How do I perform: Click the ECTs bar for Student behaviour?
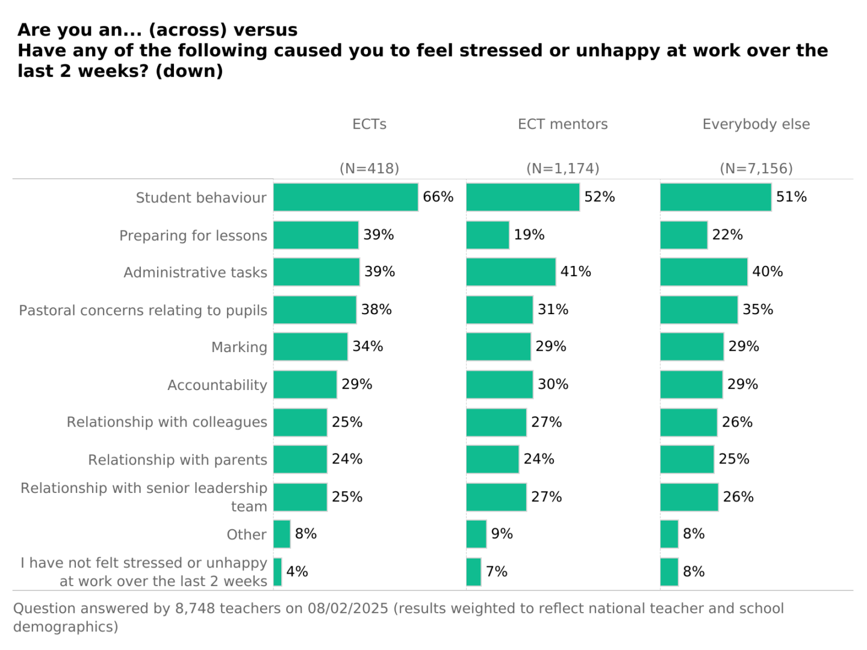pyautogui.click(x=346, y=197)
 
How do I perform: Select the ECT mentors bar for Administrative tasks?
pyautogui.click(x=511, y=272)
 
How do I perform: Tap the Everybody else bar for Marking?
pyautogui.click(x=692, y=347)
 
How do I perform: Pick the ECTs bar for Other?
pyautogui.click(x=282, y=534)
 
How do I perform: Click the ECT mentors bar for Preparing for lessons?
pyautogui.click(x=488, y=235)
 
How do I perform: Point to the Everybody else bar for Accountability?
pyautogui.click(x=691, y=385)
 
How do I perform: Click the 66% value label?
pyautogui.click(x=438, y=197)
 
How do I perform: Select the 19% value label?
pyautogui.click(x=529, y=235)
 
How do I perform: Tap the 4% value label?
pyautogui.click(x=297, y=571)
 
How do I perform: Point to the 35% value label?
pyautogui.click(x=757, y=309)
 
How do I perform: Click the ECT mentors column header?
pyautogui.click(x=562, y=124)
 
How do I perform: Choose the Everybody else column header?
pyautogui.click(x=756, y=124)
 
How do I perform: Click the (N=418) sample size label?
pyautogui.click(x=369, y=169)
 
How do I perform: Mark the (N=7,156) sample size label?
pyautogui.click(x=756, y=169)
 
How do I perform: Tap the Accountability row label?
pyautogui.click(x=217, y=385)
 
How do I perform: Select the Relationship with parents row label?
pyautogui.click(x=177, y=460)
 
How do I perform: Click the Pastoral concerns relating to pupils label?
pyautogui.click(x=143, y=311)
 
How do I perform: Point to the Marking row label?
pyautogui.click(x=239, y=347)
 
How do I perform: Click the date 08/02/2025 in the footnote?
pyautogui.click(x=347, y=608)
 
